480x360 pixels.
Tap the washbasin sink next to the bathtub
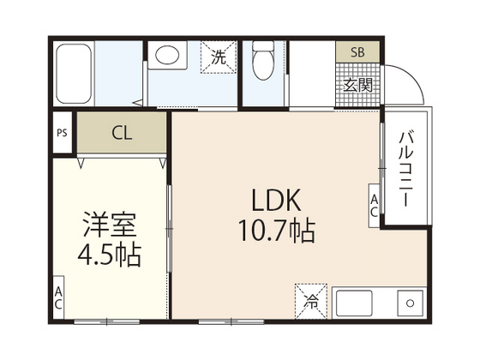click(167, 56)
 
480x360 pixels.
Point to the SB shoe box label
click(357, 52)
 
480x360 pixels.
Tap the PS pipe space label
click(61, 133)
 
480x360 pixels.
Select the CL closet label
click(121, 133)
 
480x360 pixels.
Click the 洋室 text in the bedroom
click(110, 225)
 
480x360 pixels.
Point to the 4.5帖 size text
click(110, 255)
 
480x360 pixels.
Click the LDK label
click(275, 200)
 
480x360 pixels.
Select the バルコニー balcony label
click(407, 167)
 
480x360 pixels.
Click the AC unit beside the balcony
click(375, 206)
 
